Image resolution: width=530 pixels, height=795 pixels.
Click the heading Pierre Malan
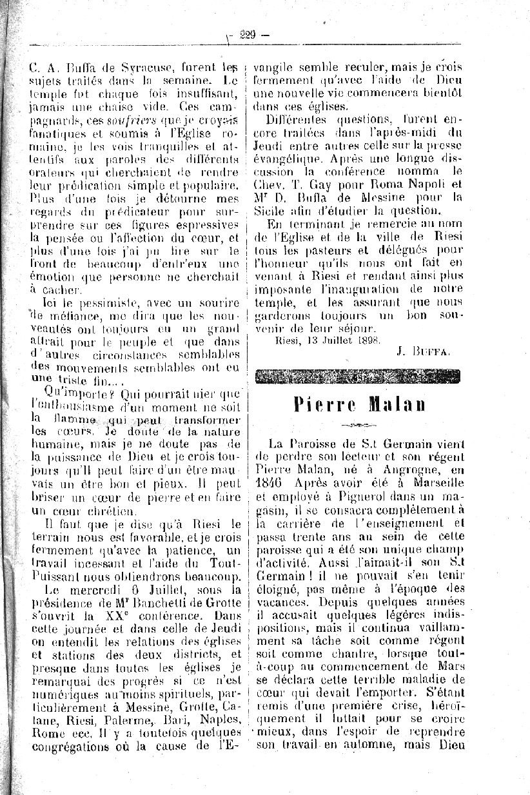point(359,404)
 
